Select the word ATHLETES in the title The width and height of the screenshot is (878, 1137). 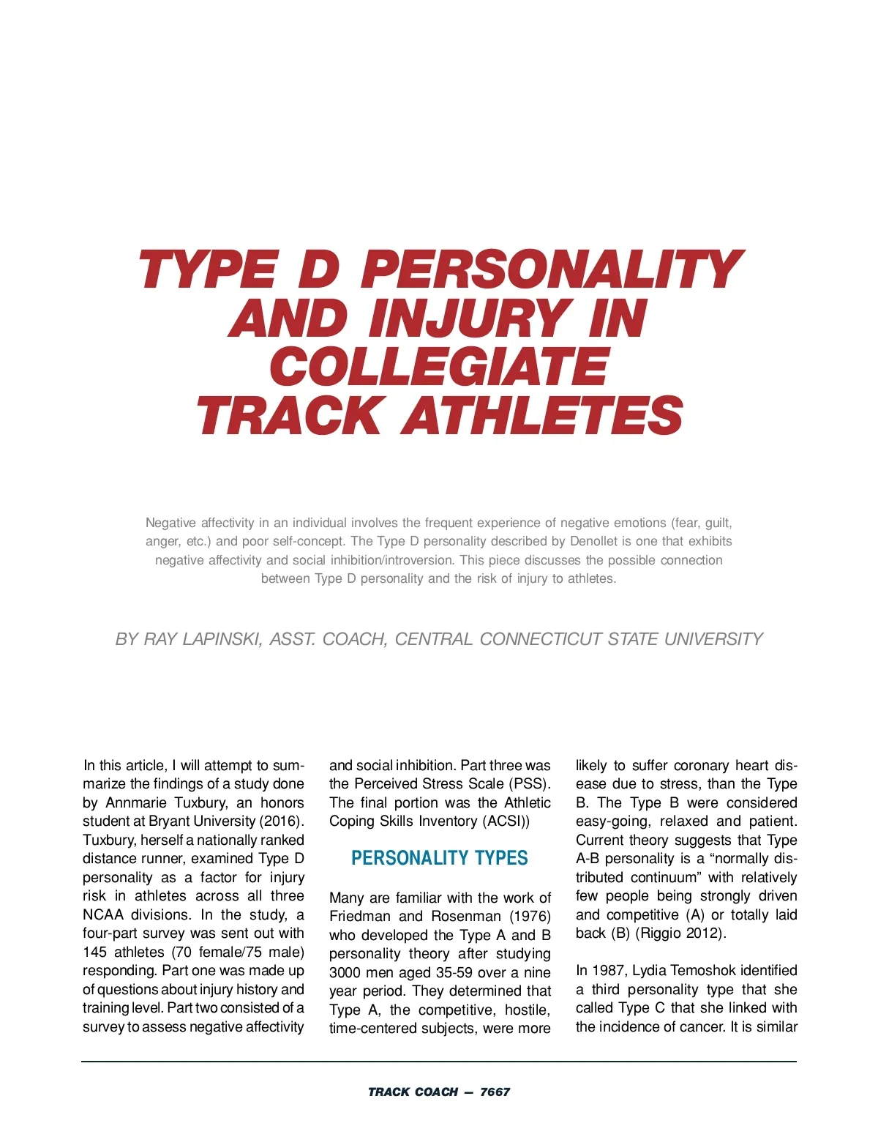click(542, 415)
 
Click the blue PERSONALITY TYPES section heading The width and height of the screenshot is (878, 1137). click(439, 858)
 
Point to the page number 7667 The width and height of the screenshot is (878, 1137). click(495, 1092)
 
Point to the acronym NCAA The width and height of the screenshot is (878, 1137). click(103, 914)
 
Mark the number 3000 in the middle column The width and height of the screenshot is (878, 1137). click(345, 972)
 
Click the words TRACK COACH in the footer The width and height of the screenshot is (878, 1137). click(413, 1092)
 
